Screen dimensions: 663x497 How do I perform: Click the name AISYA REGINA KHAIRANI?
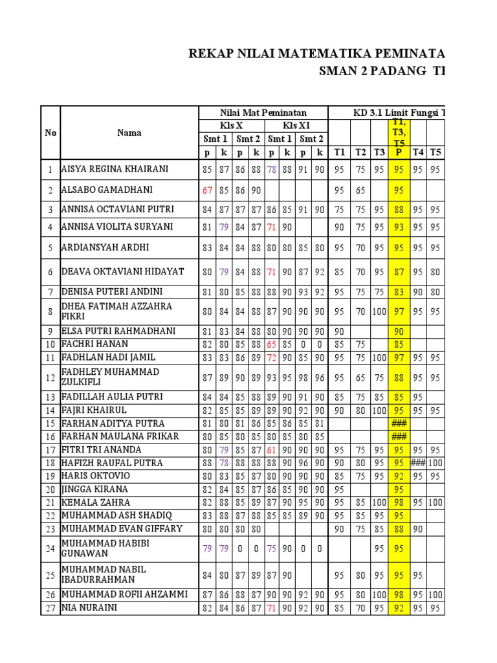pos(115,170)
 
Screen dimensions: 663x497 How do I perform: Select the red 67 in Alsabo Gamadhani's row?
pos(207,190)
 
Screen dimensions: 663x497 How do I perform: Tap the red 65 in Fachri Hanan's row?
pos(272,344)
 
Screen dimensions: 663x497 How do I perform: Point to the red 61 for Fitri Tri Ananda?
pos(272,450)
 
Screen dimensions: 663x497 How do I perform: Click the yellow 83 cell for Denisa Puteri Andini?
pos(399,292)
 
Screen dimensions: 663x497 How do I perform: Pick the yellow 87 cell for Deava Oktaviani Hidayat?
pos(399,271)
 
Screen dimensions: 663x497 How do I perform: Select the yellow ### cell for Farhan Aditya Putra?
pos(399,423)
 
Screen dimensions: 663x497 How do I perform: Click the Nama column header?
pos(129,133)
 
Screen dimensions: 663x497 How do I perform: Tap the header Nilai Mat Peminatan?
pos(263,113)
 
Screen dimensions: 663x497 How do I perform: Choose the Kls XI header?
pos(296,125)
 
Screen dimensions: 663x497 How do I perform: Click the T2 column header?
pos(360,152)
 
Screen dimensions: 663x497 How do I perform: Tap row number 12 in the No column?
pos(50,377)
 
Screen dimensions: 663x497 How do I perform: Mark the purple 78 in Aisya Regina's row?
pos(272,170)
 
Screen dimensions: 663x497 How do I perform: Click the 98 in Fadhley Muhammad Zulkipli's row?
pos(304,377)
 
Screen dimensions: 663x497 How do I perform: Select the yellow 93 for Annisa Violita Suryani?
pos(399,227)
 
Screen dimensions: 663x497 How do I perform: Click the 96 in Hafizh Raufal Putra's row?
pos(304,463)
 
